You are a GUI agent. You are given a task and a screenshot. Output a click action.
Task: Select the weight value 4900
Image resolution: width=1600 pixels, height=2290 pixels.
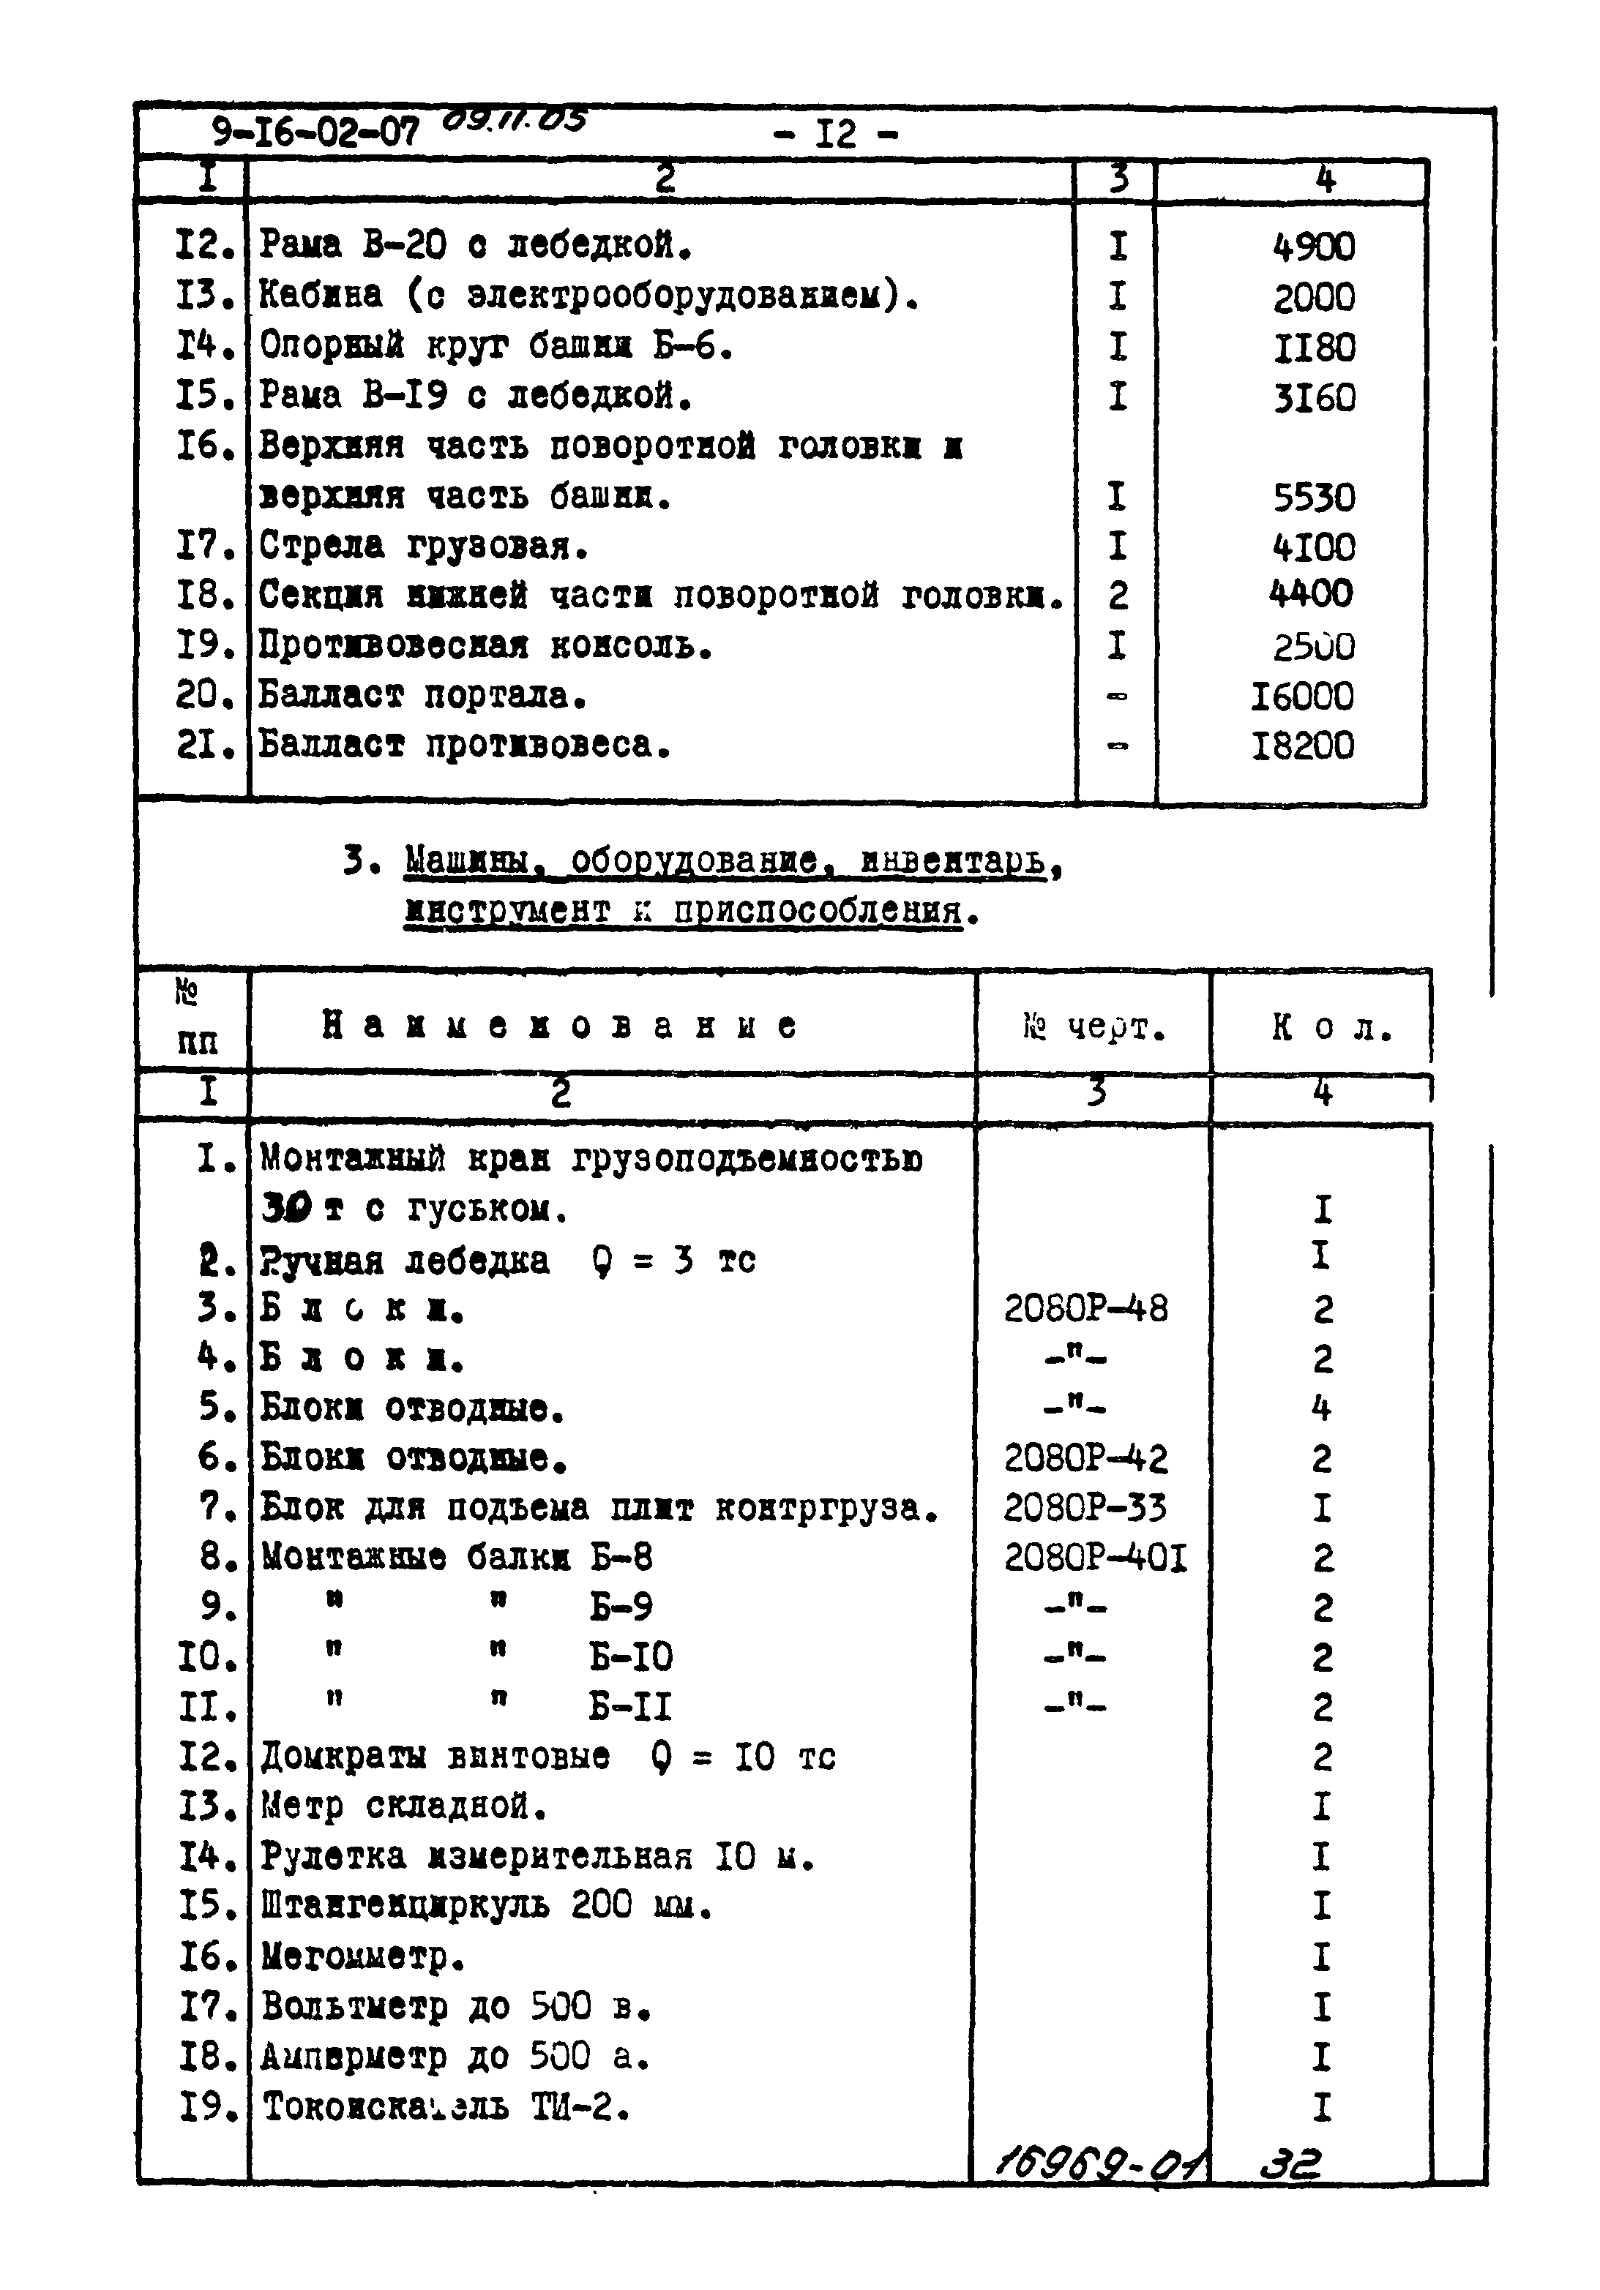[x=1314, y=247]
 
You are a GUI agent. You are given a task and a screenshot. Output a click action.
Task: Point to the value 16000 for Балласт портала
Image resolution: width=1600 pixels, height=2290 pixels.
[x=1303, y=697]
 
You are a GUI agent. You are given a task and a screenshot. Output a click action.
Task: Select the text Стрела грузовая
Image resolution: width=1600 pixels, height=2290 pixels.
[x=423, y=546]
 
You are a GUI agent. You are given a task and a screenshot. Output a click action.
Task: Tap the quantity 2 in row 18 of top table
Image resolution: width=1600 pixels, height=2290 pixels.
[x=1118, y=596]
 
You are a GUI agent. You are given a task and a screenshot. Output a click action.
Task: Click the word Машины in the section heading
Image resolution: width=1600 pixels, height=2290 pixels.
[x=467, y=860]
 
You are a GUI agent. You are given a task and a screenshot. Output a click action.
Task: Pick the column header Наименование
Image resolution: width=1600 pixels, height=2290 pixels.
[x=560, y=1025]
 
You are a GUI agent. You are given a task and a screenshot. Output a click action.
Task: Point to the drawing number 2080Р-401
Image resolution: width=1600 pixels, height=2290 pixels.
[x=1095, y=1558]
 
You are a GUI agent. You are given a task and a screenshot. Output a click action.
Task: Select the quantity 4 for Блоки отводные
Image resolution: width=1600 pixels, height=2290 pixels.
[x=1322, y=1408]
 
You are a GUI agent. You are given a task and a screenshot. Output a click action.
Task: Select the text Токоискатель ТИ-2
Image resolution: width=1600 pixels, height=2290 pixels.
[x=445, y=2106]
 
